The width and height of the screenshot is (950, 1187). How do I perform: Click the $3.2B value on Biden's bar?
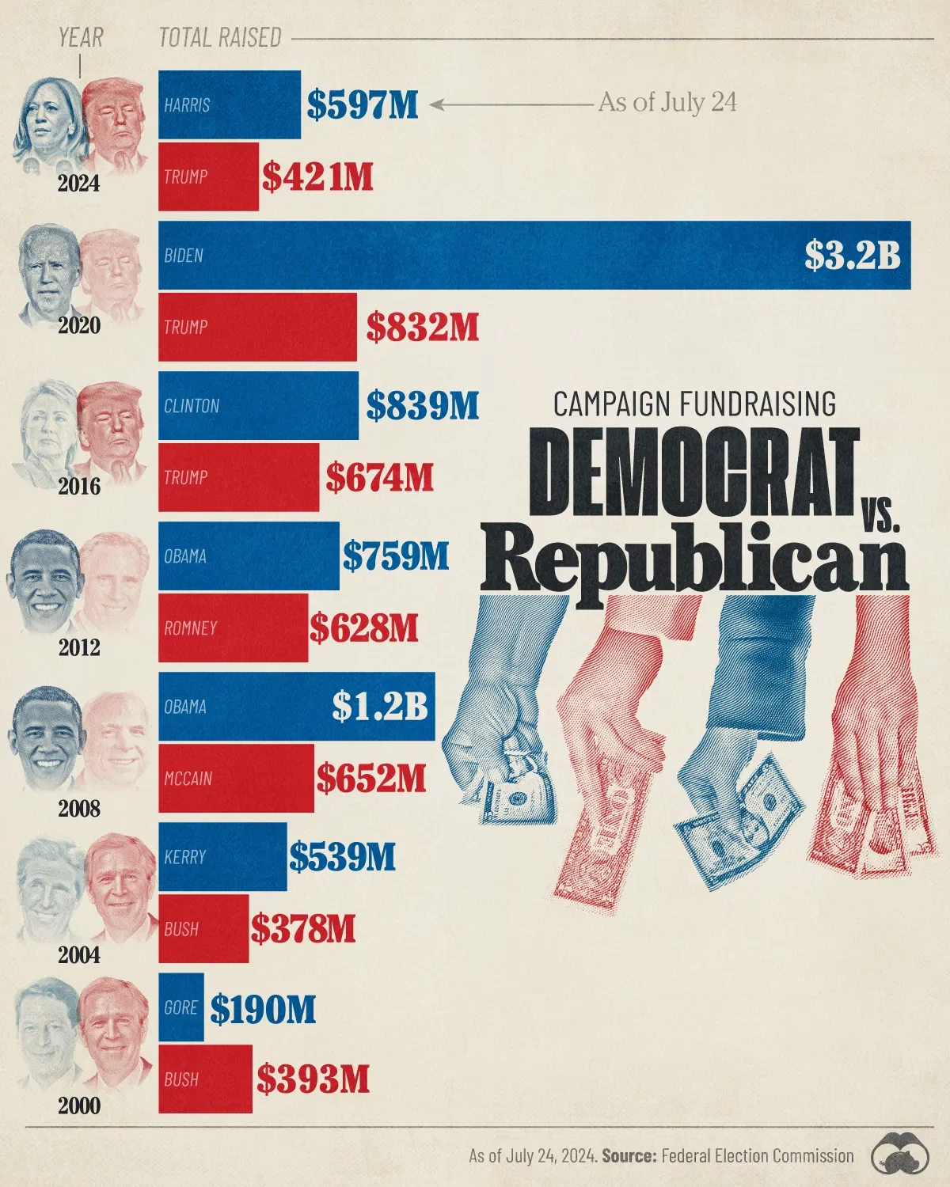click(x=853, y=256)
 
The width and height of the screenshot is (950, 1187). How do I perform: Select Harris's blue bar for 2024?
click(x=229, y=104)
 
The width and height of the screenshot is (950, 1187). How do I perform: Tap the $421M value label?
click(x=317, y=176)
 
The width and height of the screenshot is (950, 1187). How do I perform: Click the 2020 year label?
click(x=78, y=325)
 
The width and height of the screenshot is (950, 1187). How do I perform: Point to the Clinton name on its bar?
click(x=192, y=406)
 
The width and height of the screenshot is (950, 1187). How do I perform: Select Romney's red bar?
click(x=233, y=628)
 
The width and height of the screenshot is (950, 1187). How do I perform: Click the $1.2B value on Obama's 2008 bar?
click(x=379, y=707)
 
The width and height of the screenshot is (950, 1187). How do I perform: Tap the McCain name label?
click(x=188, y=779)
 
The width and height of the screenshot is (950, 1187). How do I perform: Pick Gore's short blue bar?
click(x=180, y=1007)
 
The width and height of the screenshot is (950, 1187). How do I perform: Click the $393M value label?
click(x=313, y=1079)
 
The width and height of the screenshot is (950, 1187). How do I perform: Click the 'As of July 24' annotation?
click(x=667, y=103)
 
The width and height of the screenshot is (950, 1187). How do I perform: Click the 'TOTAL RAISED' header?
click(x=220, y=37)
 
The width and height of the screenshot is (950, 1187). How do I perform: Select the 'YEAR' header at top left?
click(x=81, y=37)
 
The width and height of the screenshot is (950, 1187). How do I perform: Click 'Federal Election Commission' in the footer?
click(x=758, y=1155)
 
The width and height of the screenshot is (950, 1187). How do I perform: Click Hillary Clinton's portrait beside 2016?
click(x=45, y=431)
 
